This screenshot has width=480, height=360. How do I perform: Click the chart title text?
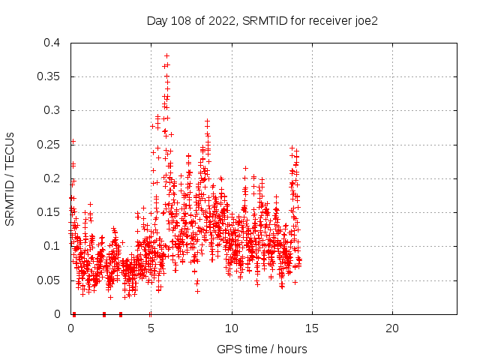pyautogui.click(x=262, y=20)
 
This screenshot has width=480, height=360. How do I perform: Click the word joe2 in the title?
pyautogui.click(x=364, y=20)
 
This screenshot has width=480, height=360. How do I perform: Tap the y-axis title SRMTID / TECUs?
pyautogui.click(x=10, y=178)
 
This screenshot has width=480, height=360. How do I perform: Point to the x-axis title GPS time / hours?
pyautogui.click(x=262, y=349)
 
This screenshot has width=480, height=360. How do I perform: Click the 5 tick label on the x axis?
pyautogui.click(x=151, y=328)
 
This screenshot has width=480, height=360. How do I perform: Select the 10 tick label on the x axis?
pyautogui.click(x=232, y=328)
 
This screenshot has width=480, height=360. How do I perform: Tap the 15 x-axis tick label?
pyautogui.click(x=312, y=328)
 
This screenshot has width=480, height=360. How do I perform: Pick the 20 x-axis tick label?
pyautogui.click(x=392, y=328)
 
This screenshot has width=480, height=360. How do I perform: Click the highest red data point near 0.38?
pyautogui.click(x=166, y=55)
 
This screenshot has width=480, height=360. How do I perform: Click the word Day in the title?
pyautogui.click(x=157, y=20)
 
